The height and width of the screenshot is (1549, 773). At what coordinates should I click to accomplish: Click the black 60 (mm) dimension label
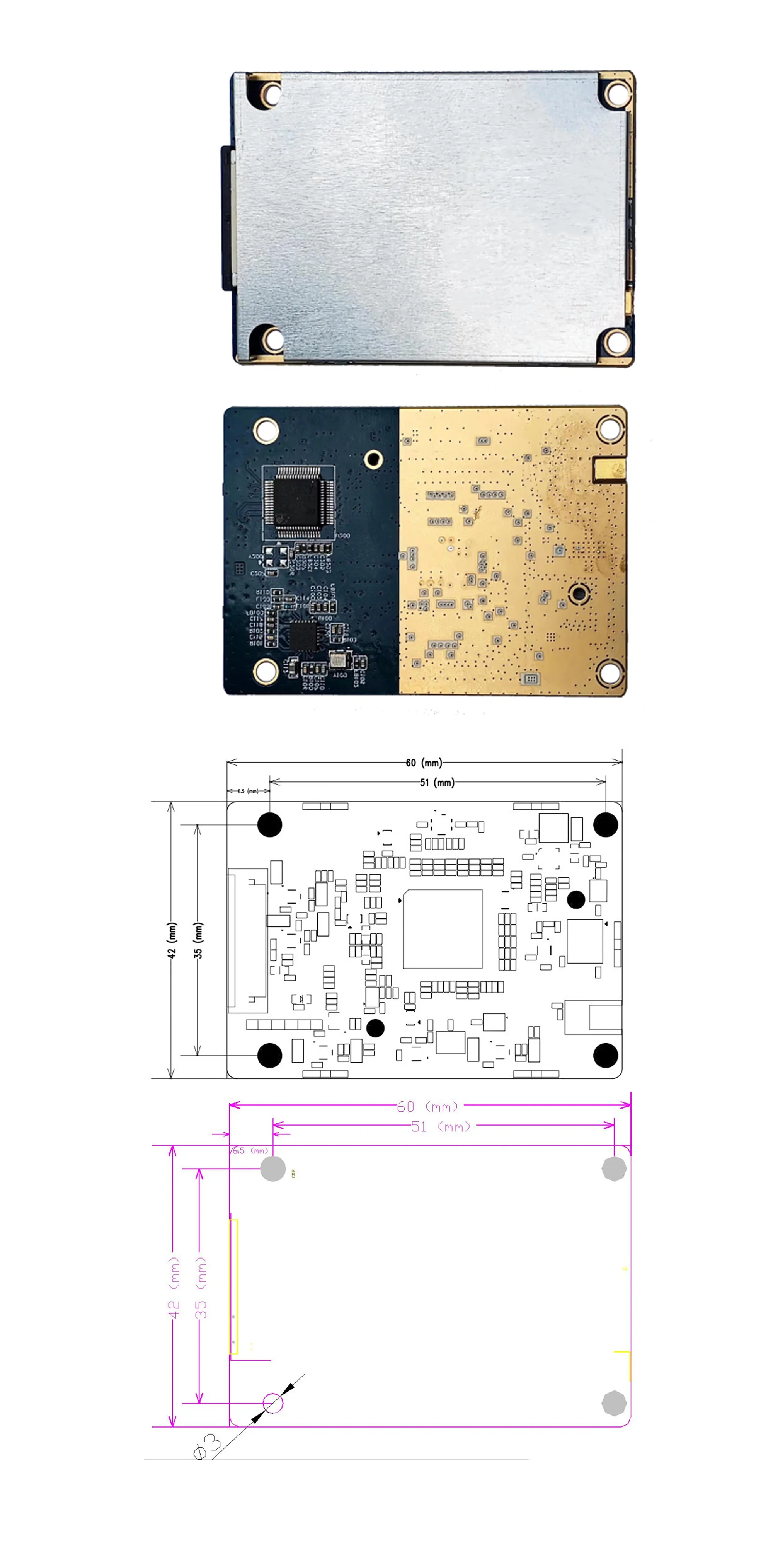click(424, 763)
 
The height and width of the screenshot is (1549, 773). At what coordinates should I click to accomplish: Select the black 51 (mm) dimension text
click(437, 782)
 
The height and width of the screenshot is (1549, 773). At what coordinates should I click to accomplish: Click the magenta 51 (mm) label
click(441, 1126)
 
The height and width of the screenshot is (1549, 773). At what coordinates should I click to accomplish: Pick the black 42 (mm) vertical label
click(172, 940)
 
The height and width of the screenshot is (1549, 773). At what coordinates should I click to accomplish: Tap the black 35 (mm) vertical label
click(198, 940)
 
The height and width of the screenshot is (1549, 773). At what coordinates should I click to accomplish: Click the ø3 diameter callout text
click(208, 1446)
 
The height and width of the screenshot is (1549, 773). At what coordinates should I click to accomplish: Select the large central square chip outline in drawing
click(443, 929)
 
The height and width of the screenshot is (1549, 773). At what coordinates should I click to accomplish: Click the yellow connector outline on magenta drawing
click(234, 1287)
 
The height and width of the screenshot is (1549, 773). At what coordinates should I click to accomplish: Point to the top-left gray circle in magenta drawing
click(273, 1169)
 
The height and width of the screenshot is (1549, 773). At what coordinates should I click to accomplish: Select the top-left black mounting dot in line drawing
click(269, 824)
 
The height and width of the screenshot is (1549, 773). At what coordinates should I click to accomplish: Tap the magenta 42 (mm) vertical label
click(174, 1287)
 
